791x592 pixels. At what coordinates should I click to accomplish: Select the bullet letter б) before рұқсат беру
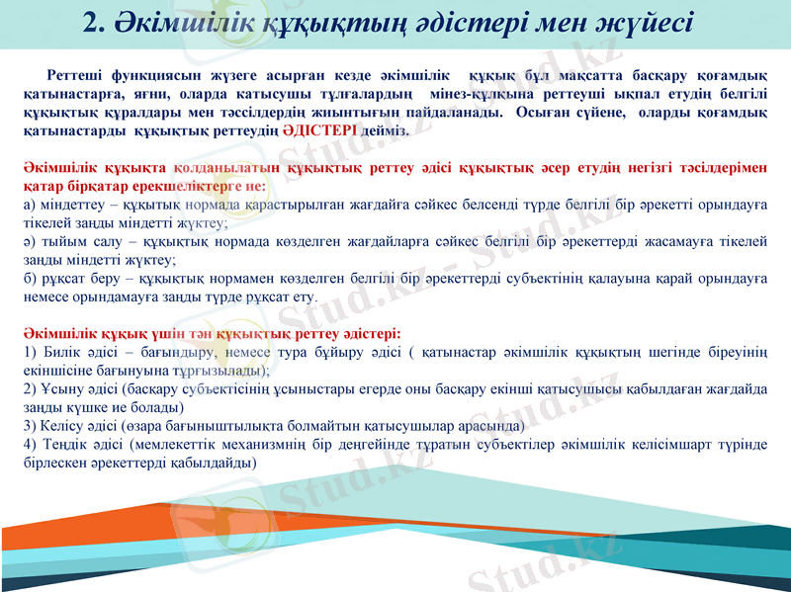pyautogui.click(x=30, y=278)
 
